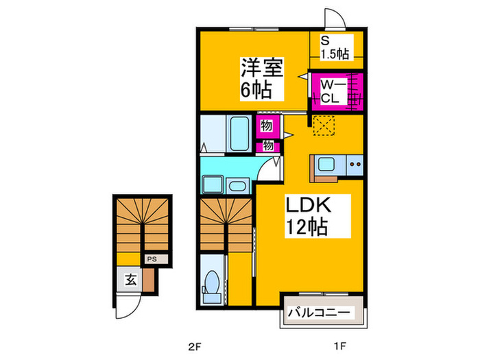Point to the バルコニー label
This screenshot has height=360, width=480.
pyautogui.click(x=320, y=313)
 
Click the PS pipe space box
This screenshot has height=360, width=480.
pyautogui.click(x=152, y=259)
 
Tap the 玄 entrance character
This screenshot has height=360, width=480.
pyautogui.click(x=129, y=279)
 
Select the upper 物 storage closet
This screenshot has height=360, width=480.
pyautogui.click(x=265, y=126)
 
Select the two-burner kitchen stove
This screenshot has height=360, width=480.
pyautogui.click(x=354, y=165)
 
